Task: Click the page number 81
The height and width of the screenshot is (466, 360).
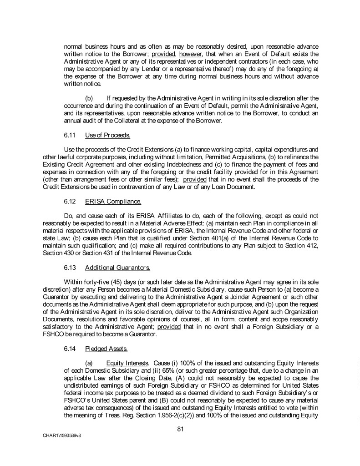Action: [x=180, y=427]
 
